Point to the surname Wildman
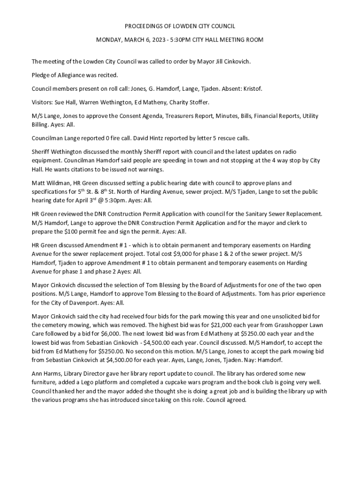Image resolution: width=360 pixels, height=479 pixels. [58, 182]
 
